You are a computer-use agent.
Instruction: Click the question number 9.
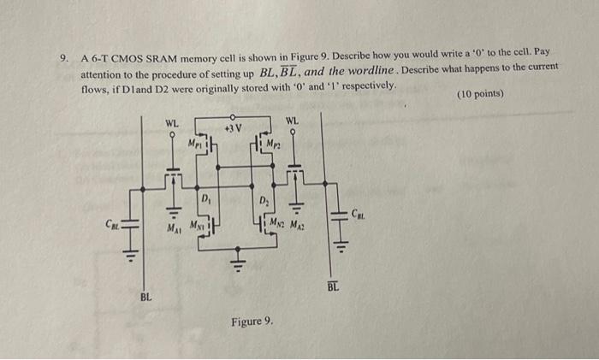coord(63,59)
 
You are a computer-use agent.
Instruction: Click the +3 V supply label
coord(232,127)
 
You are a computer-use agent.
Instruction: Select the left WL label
coord(172,124)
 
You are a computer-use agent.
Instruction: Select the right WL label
coord(292,120)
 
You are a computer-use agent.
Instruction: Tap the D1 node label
coord(205,200)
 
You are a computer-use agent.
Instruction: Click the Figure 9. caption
coord(252,322)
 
